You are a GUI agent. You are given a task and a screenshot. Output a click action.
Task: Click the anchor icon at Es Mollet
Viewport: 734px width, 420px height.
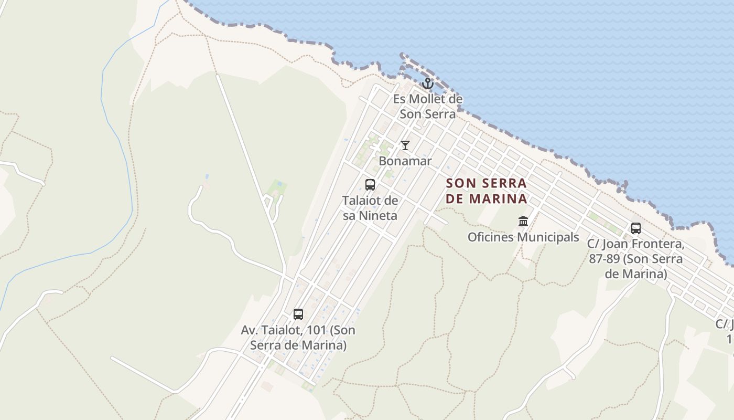[428, 83]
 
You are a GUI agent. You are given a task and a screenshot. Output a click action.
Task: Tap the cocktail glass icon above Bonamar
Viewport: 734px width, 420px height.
[405, 145]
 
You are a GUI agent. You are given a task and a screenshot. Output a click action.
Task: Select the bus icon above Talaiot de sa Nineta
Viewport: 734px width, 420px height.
[370, 185]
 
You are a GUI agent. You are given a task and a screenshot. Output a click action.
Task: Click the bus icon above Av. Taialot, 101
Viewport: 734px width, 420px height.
[298, 314]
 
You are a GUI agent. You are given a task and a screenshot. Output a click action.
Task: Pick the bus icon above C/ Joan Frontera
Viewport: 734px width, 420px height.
[635, 228]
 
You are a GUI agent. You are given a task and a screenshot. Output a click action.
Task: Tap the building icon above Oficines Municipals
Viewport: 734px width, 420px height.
[523, 221]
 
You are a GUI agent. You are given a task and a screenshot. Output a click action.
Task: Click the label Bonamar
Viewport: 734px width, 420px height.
[405, 161]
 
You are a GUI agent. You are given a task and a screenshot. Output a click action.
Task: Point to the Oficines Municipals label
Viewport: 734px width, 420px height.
[523, 237]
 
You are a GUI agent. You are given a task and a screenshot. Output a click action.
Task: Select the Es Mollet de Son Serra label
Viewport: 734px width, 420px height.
[428, 106]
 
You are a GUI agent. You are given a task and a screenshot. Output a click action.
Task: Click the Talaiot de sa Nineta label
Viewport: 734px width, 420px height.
[370, 208]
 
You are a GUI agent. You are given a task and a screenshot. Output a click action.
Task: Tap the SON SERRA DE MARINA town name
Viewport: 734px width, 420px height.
[486, 191]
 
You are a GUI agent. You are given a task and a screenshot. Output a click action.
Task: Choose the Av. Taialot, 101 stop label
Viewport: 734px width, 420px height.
[298, 338]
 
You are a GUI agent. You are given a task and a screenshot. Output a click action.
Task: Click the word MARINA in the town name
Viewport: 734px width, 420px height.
[498, 199]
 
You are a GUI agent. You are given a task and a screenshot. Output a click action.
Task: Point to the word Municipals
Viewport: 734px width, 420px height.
[549, 237]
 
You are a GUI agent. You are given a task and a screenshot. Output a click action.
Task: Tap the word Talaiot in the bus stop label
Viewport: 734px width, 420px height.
[362, 201]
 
